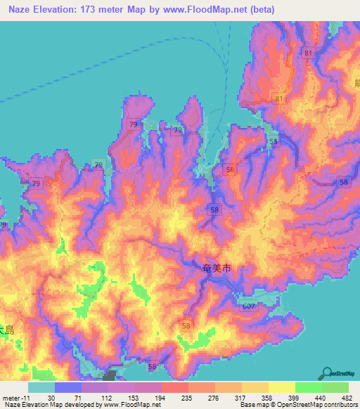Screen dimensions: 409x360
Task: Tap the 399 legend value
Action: coord(288,397)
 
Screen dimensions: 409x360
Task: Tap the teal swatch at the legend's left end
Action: coord(41,387)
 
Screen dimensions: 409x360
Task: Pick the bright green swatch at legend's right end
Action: coord(335,387)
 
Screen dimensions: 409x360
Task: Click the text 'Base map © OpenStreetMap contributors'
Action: coord(297,405)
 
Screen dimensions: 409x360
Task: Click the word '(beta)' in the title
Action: coord(259,10)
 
